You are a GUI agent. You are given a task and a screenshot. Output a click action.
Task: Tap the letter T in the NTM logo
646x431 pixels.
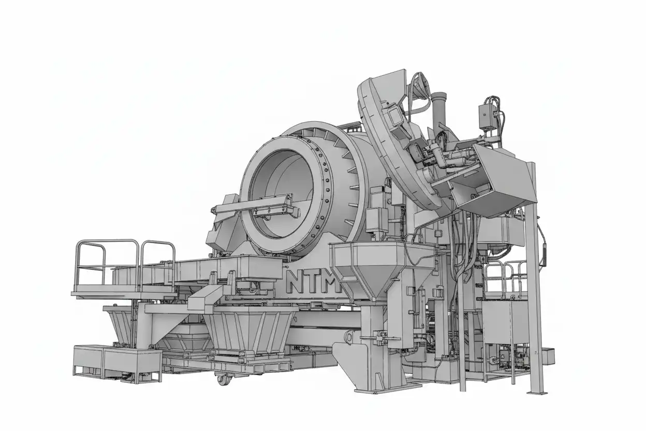pyautogui.click(x=315, y=281)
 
